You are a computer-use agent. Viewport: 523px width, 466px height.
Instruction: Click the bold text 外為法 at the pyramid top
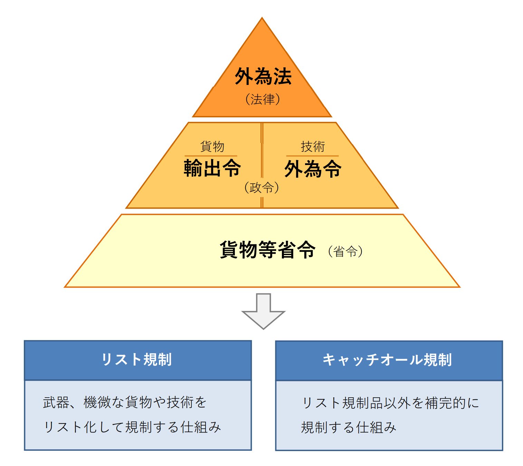(263, 76)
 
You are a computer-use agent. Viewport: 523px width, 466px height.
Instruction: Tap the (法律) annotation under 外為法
(263, 99)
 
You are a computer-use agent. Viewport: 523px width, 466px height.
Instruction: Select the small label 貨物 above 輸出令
(212, 146)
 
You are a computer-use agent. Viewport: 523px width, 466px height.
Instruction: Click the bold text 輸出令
(212, 168)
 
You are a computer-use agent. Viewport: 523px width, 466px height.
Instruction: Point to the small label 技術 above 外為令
(313, 146)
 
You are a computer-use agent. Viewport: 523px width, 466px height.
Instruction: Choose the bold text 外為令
(313, 169)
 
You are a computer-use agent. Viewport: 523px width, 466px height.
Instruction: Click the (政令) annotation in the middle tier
(261, 187)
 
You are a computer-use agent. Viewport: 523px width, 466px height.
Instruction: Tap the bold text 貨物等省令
(267, 250)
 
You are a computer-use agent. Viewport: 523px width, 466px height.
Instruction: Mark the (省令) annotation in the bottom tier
(345, 251)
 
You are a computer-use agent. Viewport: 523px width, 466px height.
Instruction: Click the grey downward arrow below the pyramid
(263, 311)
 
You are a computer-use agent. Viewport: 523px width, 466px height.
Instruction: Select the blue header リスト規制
(137, 360)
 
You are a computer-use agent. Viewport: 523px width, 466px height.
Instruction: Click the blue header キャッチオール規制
(387, 360)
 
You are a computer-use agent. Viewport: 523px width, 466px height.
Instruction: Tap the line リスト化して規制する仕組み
(132, 427)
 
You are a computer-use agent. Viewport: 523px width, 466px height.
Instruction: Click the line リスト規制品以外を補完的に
(390, 403)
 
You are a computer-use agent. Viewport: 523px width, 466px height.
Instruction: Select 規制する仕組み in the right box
(348, 427)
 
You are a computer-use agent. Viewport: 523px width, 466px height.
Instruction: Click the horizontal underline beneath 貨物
(211, 156)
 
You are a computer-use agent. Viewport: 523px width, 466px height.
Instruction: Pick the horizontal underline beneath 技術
(312, 156)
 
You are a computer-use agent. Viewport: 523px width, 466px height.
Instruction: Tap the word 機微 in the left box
(97, 402)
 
